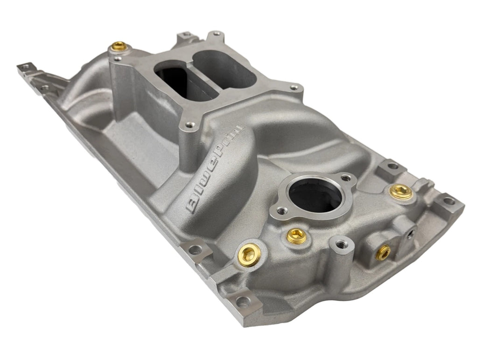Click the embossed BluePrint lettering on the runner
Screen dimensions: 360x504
pyautogui.click(x=215, y=169)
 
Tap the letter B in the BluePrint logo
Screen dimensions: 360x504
pyautogui.click(x=192, y=205)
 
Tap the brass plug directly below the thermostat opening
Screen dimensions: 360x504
pyautogui.click(x=297, y=236)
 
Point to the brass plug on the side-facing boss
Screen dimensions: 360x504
pyautogui.click(x=384, y=253)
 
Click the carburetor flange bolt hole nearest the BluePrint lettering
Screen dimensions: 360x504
pyautogui.click(x=189, y=125)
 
